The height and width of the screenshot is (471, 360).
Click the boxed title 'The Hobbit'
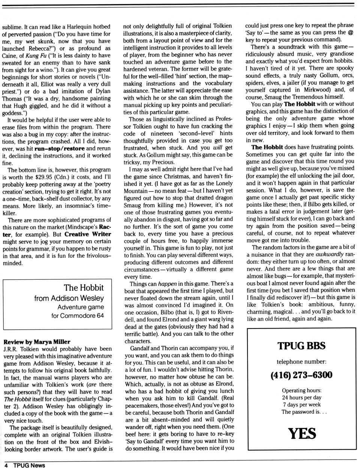(x=83, y=288)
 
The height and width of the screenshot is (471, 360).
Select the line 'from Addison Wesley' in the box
(x=69, y=298)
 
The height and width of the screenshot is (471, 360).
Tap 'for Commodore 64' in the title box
(x=78, y=315)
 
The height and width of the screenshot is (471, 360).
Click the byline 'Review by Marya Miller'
(x=37, y=342)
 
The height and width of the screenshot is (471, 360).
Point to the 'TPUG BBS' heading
(x=301, y=346)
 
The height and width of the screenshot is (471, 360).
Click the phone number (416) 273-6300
(x=301, y=375)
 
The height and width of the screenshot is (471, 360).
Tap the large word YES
(x=302, y=433)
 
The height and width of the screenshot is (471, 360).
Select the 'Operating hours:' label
(x=301, y=390)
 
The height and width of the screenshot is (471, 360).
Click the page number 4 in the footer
(x=6, y=465)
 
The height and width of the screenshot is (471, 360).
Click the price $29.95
(x=45, y=177)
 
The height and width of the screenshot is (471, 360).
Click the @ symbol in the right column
(x=350, y=32)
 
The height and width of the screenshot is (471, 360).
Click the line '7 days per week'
(x=301, y=405)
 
